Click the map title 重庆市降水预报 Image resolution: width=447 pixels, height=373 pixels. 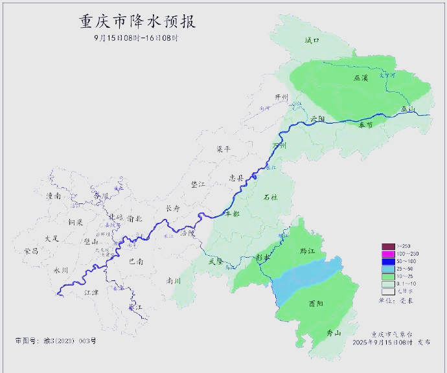137,21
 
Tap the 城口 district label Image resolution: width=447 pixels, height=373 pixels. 312,40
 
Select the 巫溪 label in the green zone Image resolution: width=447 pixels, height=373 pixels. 361,78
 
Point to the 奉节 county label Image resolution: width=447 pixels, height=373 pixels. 365,125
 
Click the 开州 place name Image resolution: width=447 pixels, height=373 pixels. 281,97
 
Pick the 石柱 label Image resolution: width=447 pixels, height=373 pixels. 270,197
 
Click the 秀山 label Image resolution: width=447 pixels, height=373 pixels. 334,333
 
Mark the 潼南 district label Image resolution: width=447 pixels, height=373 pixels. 53,195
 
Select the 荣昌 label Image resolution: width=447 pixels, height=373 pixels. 31,250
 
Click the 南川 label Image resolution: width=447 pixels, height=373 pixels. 174,281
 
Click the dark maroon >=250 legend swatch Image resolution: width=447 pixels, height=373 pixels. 387,246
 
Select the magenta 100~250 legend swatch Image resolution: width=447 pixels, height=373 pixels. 387,253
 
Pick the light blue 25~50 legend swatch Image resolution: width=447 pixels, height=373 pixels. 387,268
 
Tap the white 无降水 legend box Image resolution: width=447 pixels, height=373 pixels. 387,291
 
